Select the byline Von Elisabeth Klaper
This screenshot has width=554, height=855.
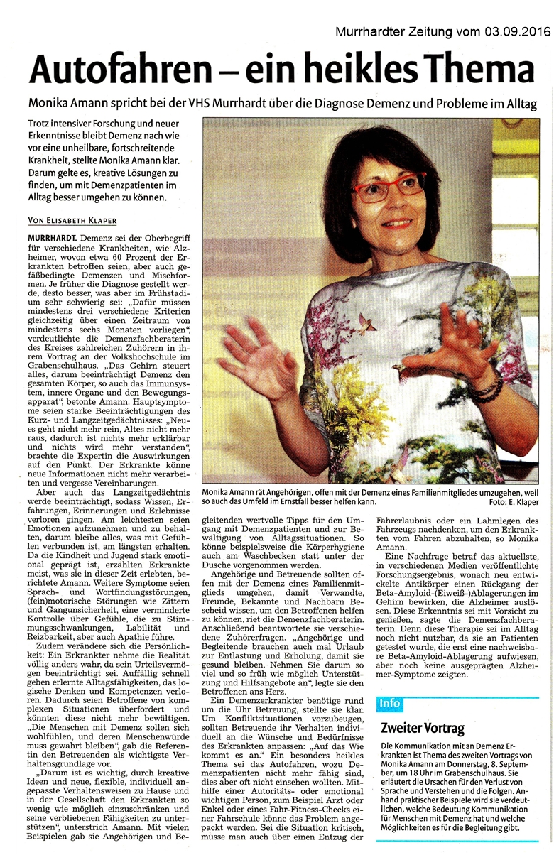point(72,221)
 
